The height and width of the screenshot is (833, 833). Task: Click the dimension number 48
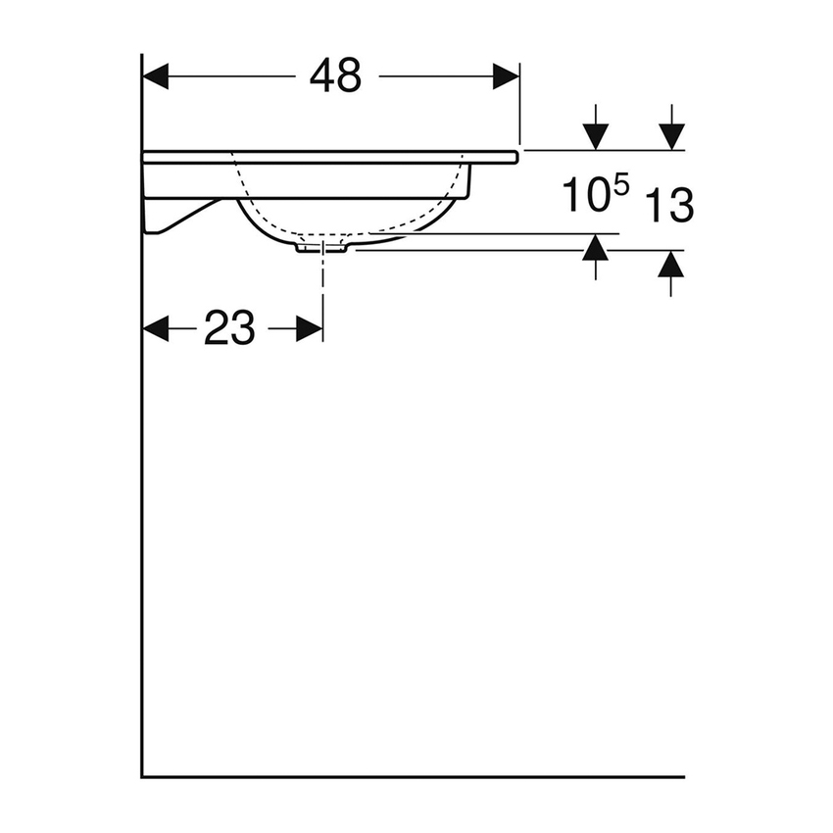(335, 76)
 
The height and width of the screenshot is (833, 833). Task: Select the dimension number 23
(229, 329)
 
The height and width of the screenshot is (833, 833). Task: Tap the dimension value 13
(670, 206)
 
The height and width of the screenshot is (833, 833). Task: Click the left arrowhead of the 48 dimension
(156, 76)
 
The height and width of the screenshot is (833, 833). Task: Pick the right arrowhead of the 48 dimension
(506, 76)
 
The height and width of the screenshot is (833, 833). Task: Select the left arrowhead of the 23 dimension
(156, 329)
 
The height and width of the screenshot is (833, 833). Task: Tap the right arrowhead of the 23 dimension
(310, 329)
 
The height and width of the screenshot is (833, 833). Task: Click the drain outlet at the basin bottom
(321, 248)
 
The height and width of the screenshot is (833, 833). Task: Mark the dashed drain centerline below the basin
(322, 284)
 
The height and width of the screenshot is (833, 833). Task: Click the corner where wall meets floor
(143, 776)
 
